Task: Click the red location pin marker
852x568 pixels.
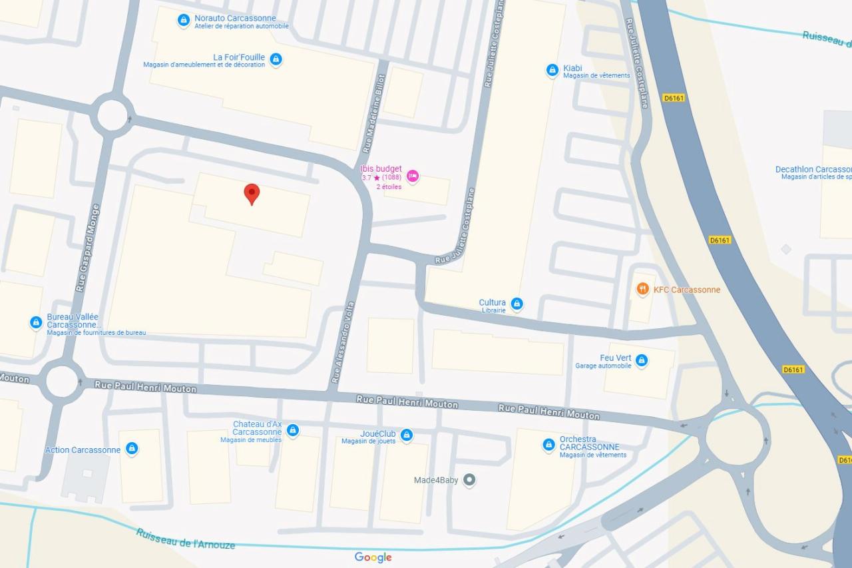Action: (x=252, y=194)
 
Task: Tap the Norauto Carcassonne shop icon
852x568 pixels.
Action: (x=184, y=21)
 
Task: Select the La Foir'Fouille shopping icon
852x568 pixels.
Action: (x=276, y=60)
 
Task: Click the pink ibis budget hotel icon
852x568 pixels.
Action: (x=413, y=176)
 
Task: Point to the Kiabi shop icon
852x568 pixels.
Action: (x=552, y=70)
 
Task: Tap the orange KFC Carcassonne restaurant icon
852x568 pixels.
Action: (x=642, y=289)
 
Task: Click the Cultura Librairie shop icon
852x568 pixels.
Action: (x=517, y=304)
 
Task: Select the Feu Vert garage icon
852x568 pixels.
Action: (x=641, y=360)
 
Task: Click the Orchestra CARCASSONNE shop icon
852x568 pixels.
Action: (x=548, y=444)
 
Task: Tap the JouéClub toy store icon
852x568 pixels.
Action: (x=407, y=435)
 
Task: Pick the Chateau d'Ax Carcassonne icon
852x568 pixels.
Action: (x=292, y=430)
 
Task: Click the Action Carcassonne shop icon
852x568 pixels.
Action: (x=132, y=449)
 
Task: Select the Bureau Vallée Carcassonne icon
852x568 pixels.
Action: (x=36, y=322)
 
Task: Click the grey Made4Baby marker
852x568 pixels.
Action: (x=469, y=479)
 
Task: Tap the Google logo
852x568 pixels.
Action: (x=373, y=557)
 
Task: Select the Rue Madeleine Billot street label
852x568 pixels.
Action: (x=373, y=115)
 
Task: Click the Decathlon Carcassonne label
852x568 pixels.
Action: (x=813, y=170)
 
